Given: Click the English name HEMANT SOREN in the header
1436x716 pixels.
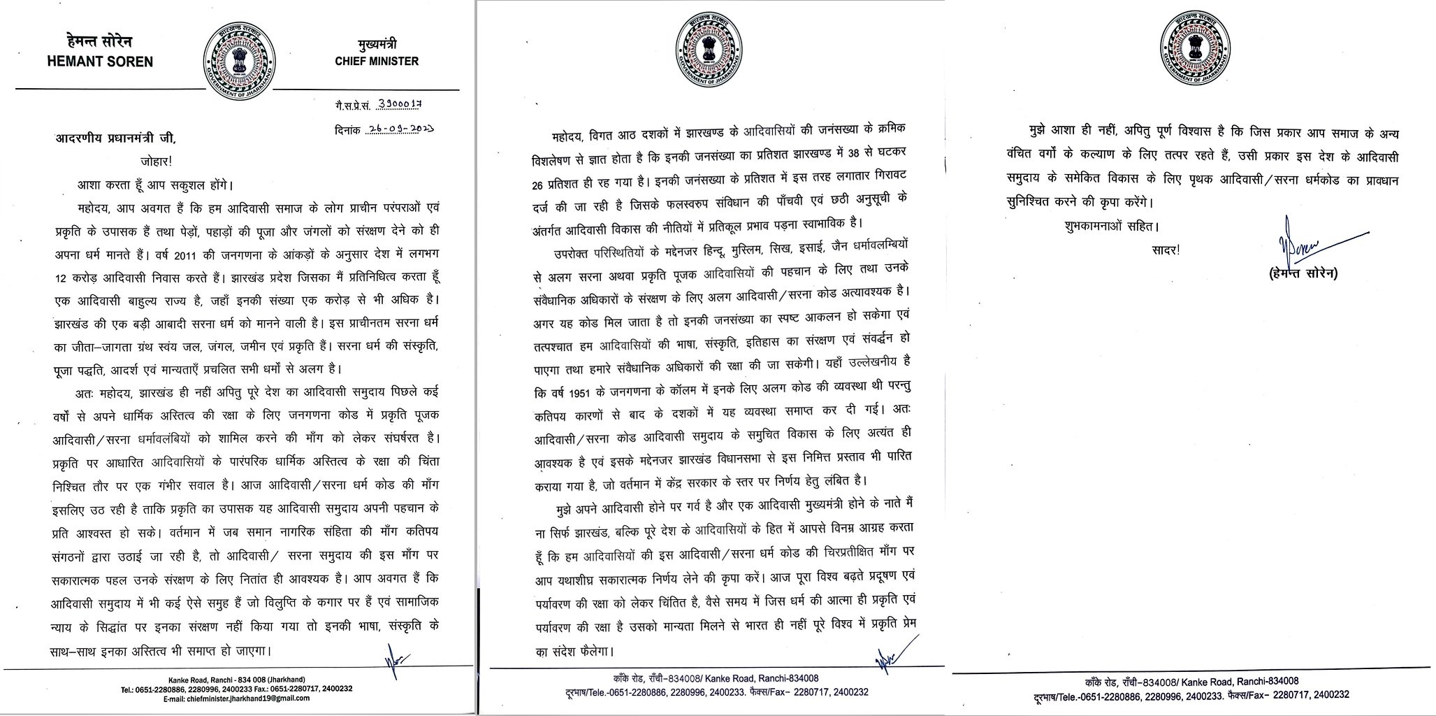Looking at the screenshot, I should [x=100, y=61].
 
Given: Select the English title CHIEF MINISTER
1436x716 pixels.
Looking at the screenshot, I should [x=377, y=61].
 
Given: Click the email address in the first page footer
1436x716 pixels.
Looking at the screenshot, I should [x=239, y=699].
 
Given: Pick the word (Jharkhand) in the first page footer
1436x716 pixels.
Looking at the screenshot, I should [x=288, y=680].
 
